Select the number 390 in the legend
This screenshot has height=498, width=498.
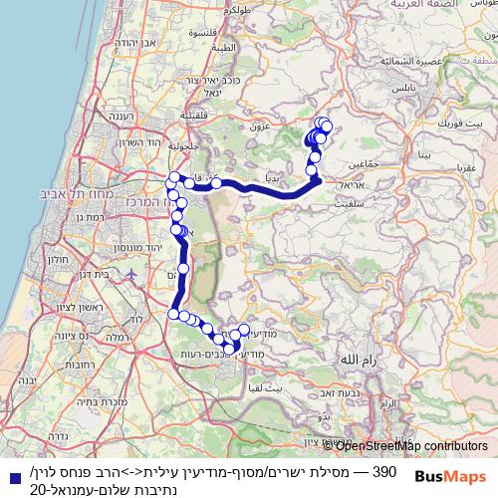tap(384, 470)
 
